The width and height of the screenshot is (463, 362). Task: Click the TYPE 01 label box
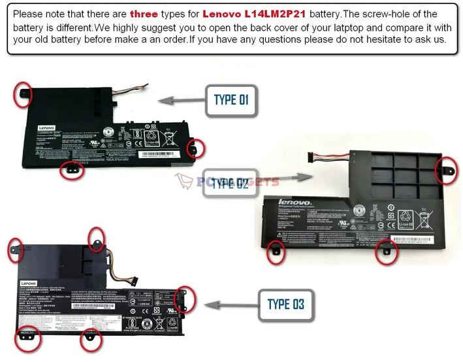point(231,100)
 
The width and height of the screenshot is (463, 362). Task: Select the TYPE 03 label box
point(285,304)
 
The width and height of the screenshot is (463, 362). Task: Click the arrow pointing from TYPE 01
point(181,100)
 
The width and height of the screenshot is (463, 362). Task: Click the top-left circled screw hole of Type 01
point(24,93)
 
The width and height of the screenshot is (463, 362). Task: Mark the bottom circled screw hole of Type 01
point(71,171)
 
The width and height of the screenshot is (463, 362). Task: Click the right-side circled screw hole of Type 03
point(184,299)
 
